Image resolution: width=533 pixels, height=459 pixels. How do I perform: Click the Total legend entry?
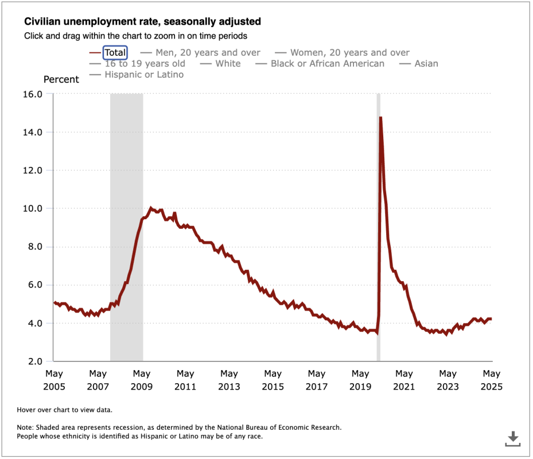coord(115,53)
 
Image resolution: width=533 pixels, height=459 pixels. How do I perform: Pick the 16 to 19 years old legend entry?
coord(145,64)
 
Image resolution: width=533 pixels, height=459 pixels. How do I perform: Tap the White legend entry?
coord(228,64)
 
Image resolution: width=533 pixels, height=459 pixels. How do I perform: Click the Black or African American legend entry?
coord(327,64)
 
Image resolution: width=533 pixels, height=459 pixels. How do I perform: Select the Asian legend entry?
coord(426,64)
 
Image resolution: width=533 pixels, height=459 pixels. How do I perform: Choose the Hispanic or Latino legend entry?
coord(144,75)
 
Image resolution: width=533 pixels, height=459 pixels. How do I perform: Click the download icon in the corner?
coord(512,439)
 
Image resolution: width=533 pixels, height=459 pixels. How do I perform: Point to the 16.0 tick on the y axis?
coord(32,94)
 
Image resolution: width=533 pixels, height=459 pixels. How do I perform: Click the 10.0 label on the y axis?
coord(32,208)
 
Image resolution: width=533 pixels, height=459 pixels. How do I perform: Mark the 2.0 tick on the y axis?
coord(34,361)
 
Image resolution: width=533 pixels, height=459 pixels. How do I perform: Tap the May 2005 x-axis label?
coord(54,380)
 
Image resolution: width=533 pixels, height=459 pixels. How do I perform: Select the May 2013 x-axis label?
coord(229,380)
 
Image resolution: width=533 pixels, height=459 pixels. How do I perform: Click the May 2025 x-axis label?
coord(491,380)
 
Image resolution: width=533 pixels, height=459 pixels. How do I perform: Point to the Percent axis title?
coord(61,80)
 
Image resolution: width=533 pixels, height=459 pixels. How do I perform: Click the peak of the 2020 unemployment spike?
coord(380,118)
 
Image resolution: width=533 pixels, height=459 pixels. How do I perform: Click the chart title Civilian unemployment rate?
coord(142,22)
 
